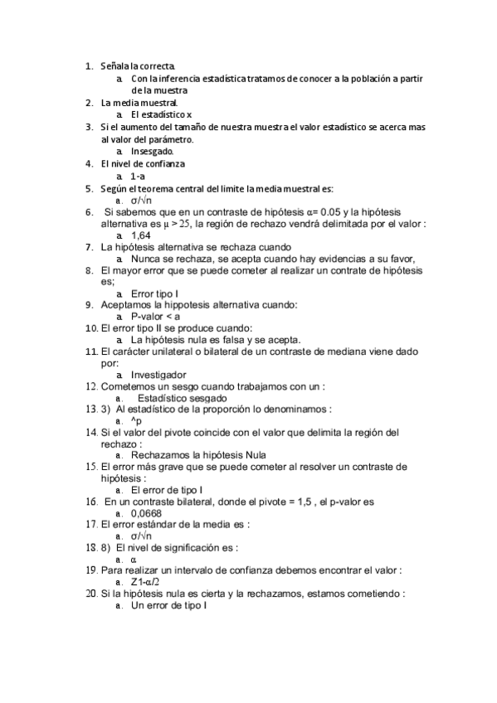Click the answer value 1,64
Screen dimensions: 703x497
pyautogui.click(x=140, y=235)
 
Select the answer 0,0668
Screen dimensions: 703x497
pyautogui.click(x=146, y=513)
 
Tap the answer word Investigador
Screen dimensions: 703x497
pyautogui.click(x=158, y=374)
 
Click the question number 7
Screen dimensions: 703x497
pyautogui.click(x=90, y=247)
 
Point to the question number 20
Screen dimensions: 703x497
pyautogui.click(x=91, y=594)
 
